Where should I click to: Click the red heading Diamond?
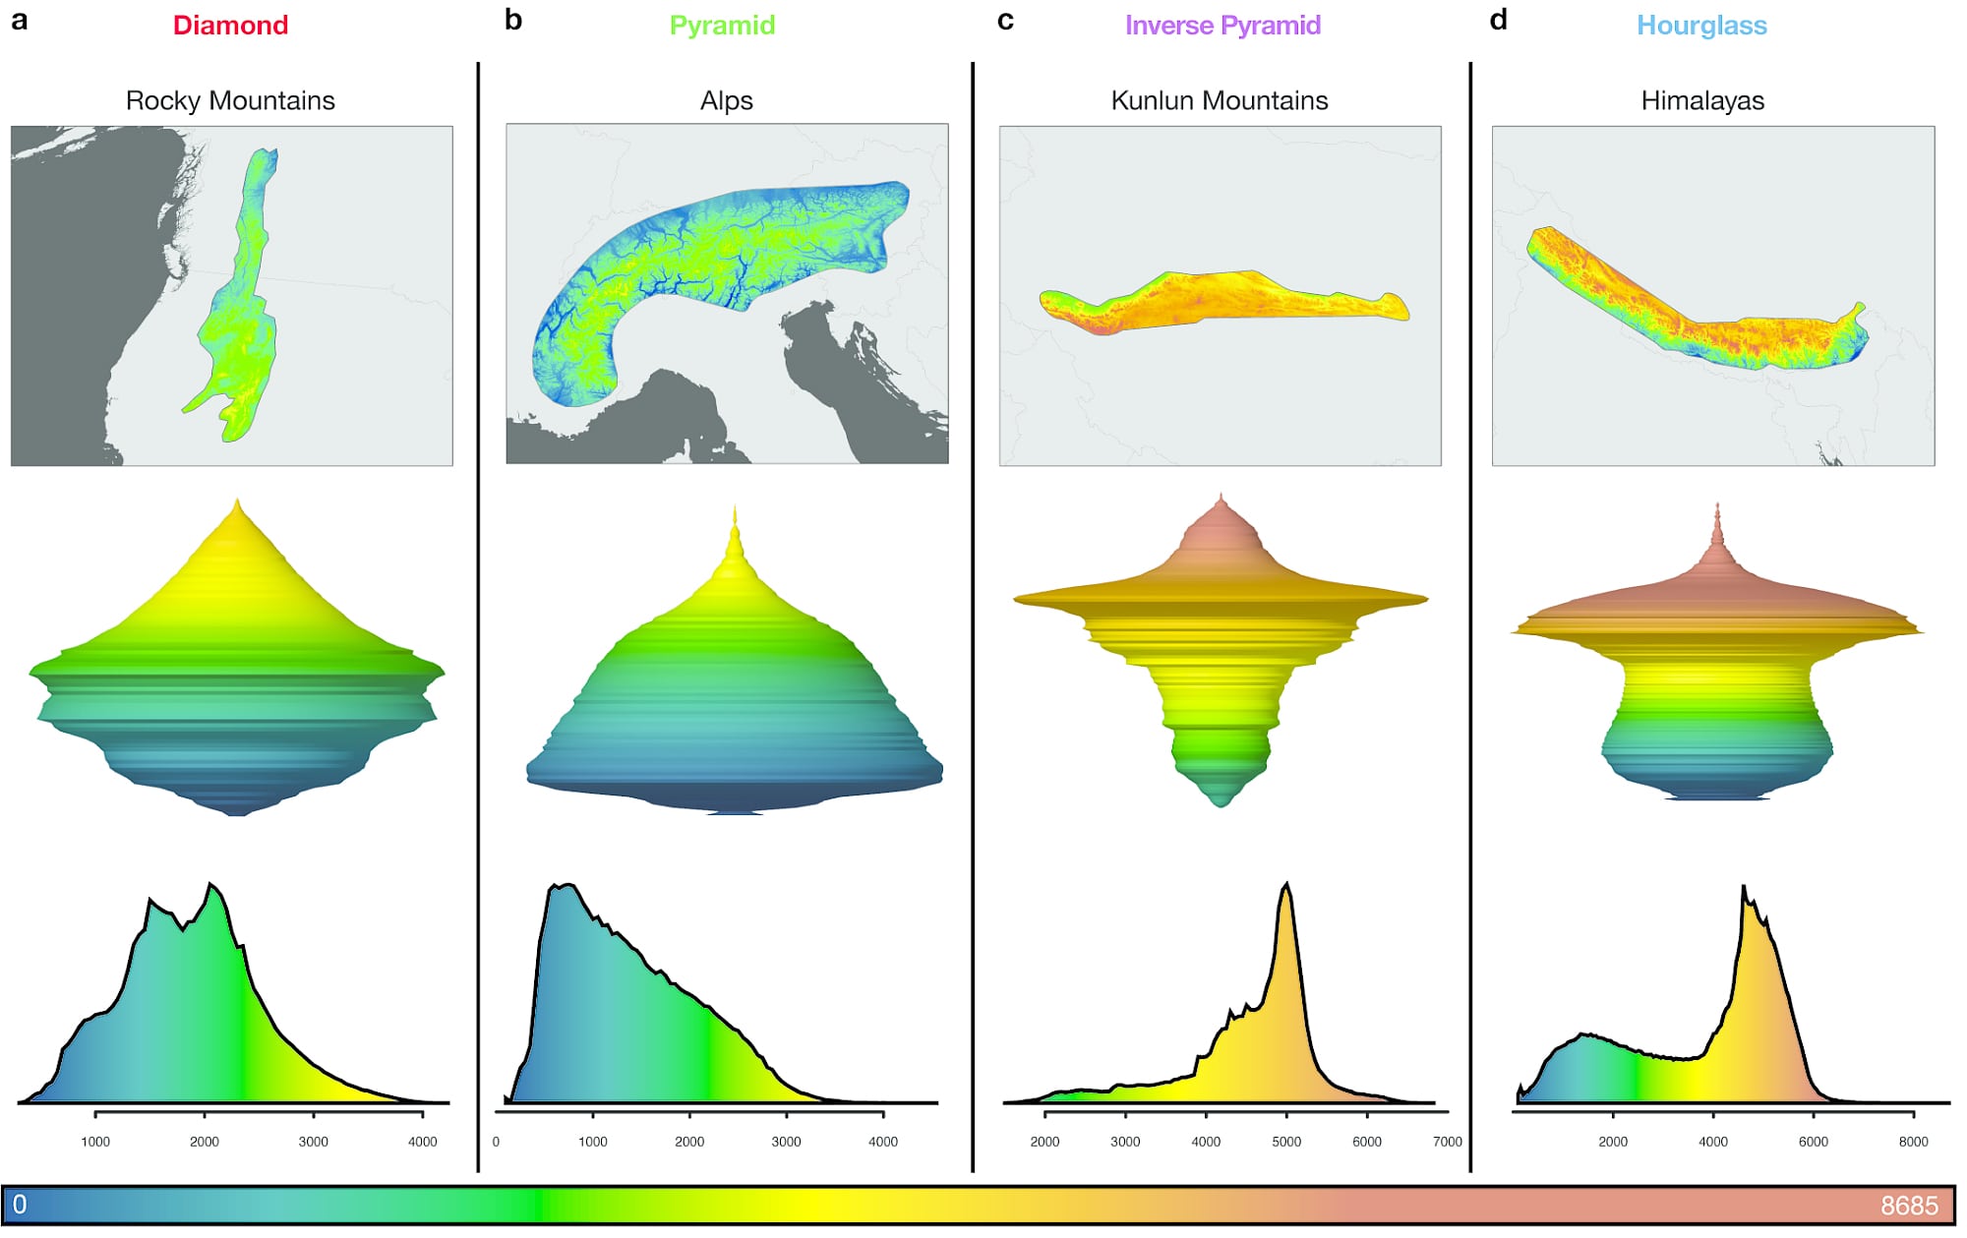(230, 26)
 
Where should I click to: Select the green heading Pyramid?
(722, 26)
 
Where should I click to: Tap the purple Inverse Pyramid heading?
(1222, 26)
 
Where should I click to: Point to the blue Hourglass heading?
(1701, 26)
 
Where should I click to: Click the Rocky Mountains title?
(230, 100)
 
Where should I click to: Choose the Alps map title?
(726, 100)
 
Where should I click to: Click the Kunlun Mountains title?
(1219, 100)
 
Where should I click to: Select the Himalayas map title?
(1702, 100)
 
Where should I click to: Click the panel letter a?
(19, 21)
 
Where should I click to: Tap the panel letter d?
(1498, 21)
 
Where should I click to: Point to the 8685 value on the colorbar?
(1908, 1206)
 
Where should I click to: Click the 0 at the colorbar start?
(20, 1205)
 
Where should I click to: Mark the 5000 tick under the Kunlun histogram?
(1286, 1142)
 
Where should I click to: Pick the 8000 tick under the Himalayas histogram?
(1913, 1142)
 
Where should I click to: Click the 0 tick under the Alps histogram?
(496, 1142)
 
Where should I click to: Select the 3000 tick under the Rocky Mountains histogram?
(314, 1142)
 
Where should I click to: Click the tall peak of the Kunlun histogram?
(1286, 885)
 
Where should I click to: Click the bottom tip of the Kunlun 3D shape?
(1221, 805)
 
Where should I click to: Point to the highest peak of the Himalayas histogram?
(1744, 888)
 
